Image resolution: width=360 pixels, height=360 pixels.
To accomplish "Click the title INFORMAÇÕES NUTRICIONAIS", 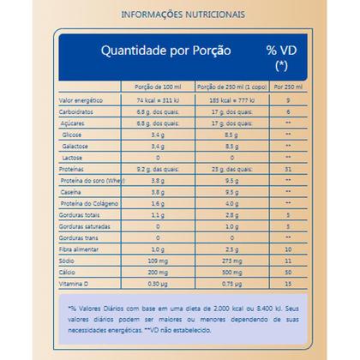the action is pos(179,14).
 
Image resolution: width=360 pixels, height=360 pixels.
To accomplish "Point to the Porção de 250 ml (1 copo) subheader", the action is pos(230,88).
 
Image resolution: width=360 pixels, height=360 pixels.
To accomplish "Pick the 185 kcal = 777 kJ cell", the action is pos(230,100).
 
